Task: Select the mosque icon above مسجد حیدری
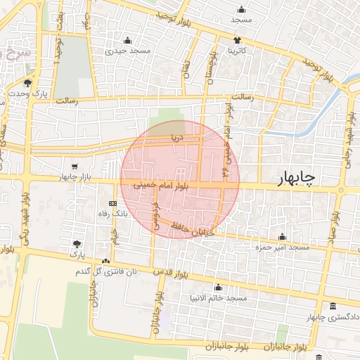[127, 39]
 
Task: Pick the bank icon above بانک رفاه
[112, 202]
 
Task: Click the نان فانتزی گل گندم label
[105, 271]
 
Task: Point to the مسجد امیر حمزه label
[283, 247]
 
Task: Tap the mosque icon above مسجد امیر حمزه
[283, 236]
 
